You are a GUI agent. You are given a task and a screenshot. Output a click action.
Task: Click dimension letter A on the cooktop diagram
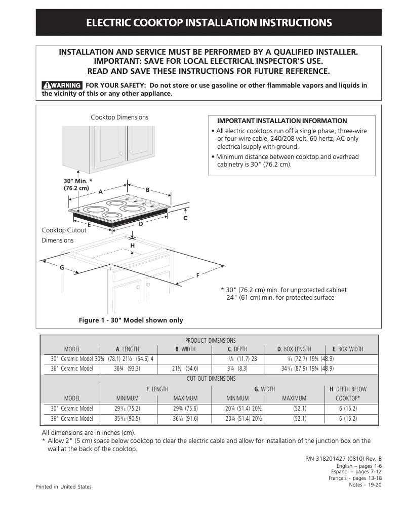pyautogui.click(x=100, y=192)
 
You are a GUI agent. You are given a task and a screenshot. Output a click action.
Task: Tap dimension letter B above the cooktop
pyautogui.click(x=148, y=190)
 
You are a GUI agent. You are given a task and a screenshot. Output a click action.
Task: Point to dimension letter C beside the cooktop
pyautogui.click(x=185, y=218)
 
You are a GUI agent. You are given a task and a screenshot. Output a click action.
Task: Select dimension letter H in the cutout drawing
pyautogui.click(x=133, y=246)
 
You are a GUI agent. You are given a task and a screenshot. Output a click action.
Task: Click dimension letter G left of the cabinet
pyautogui.click(x=62, y=267)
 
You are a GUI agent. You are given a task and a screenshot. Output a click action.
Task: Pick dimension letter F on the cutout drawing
pyautogui.click(x=197, y=275)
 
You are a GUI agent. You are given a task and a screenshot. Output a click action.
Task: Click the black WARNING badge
pyautogui.click(x=62, y=85)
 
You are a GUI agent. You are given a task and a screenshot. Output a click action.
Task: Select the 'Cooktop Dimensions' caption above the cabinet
pyautogui.click(x=119, y=117)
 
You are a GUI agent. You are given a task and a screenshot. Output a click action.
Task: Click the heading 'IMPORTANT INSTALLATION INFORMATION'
pyautogui.click(x=282, y=121)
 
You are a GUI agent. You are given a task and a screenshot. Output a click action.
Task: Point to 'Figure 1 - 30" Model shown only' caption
pyautogui.click(x=131, y=320)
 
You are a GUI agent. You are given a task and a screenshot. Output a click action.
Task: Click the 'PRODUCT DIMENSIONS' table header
pyautogui.click(x=210, y=341)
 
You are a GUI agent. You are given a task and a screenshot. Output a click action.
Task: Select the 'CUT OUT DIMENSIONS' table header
pyautogui.click(x=210, y=379)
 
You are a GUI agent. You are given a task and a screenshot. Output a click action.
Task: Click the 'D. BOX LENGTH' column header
pyautogui.click(x=294, y=349)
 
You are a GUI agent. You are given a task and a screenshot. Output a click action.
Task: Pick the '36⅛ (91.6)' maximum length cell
pyautogui.click(x=185, y=419)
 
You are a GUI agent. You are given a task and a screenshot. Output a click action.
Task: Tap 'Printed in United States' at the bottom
pyautogui.click(x=64, y=487)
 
